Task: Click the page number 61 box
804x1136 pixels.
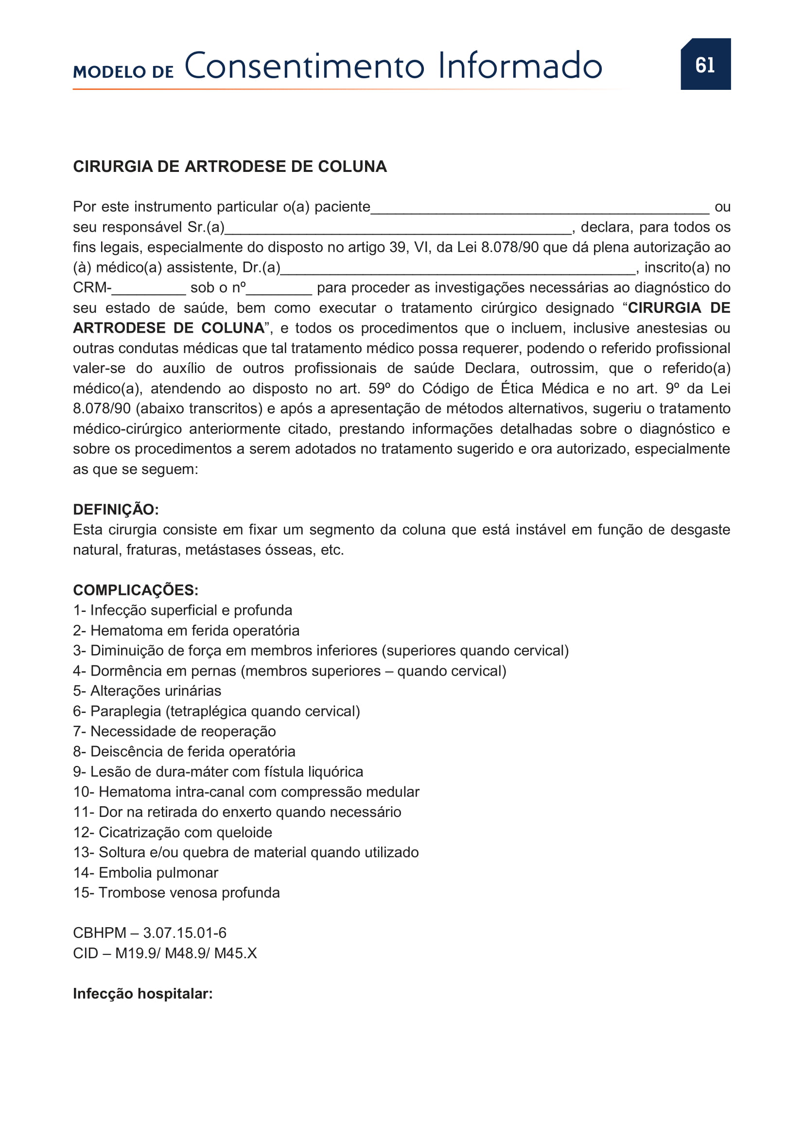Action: click(x=705, y=64)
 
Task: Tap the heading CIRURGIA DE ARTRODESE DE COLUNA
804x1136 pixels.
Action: click(x=230, y=166)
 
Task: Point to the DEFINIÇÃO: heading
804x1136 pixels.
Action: click(x=116, y=509)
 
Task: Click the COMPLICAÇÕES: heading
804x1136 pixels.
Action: click(x=136, y=590)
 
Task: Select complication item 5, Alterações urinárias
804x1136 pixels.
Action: click(x=147, y=691)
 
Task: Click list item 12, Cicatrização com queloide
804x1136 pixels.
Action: click(x=172, y=832)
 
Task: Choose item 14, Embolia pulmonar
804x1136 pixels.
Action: click(x=145, y=873)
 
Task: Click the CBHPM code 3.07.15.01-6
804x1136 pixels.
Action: click(x=185, y=933)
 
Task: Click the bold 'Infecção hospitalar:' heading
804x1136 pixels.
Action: click(x=142, y=994)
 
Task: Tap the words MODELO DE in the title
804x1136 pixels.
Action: click(x=123, y=72)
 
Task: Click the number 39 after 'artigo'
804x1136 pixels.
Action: click(x=398, y=247)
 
